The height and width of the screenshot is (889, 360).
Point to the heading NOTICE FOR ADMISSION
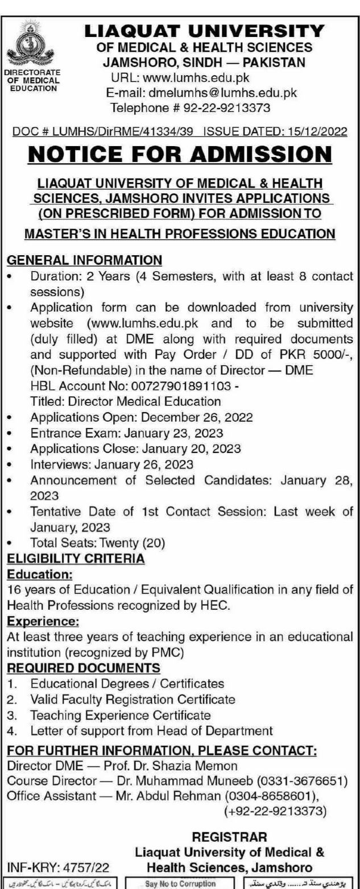(x=180, y=155)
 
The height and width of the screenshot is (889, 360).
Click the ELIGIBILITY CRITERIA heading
(x=76, y=559)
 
